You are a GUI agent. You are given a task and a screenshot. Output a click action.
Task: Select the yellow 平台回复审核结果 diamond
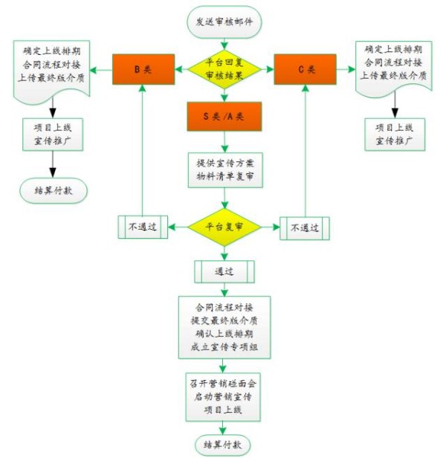224,70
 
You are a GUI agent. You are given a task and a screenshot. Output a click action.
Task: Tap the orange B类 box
143,69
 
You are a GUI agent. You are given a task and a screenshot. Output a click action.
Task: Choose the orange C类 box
305,69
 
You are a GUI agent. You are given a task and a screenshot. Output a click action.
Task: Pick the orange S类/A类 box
224,116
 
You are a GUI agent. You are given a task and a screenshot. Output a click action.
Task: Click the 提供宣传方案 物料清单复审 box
224,169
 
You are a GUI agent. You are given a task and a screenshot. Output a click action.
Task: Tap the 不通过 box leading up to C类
305,228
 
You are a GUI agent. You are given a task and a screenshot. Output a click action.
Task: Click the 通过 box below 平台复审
224,271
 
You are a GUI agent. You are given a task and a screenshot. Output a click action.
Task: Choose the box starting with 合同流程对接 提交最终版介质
224,327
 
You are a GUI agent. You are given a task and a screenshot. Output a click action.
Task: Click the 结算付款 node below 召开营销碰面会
224,445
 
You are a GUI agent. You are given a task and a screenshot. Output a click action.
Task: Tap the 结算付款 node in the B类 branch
53,190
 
